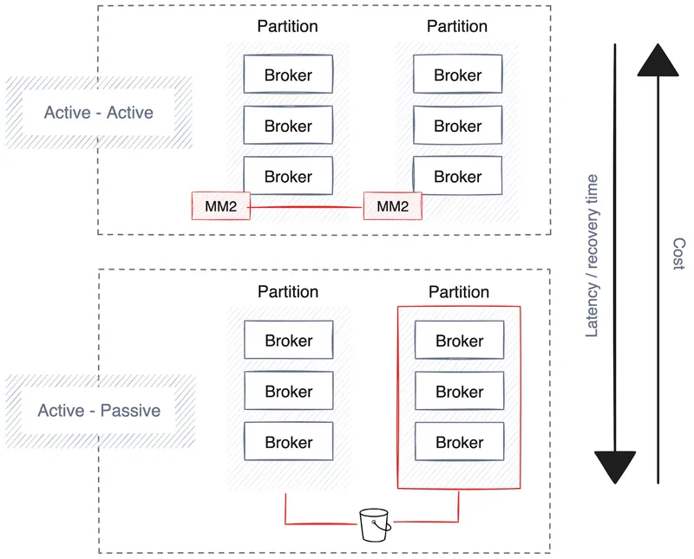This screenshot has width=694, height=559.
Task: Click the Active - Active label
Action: pyautogui.click(x=98, y=113)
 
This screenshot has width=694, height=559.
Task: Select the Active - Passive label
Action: pyautogui.click(x=99, y=410)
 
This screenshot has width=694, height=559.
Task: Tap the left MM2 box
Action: pyautogui.click(x=220, y=206)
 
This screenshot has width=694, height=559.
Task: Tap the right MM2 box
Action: pyautogui.click(x=392, y=206)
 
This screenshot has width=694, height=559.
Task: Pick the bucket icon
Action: pyautogui.click(x=374, y=523)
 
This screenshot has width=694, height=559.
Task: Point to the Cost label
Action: pyautogui.click(x=678, y=254)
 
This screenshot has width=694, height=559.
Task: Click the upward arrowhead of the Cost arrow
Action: pyautogui.click(x=658, y=62)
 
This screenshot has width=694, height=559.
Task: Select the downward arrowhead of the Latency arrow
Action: pyautogui.click(x=614, y=466)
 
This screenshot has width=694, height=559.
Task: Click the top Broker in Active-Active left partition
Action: pyautogui.click(x=288, y=75)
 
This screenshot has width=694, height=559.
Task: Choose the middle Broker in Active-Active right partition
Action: pyautogui.click(x=458, y=126)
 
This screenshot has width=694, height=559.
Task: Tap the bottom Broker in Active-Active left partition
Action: pyautogui.click(x=288, y=177)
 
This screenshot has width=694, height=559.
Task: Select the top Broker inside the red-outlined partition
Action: pyautogui.click(x=460, y=341)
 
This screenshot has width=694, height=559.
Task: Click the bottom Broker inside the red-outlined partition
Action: pyautogui.click(x=460, y=442)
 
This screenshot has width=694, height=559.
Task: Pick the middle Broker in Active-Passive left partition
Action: pyautogui.click(x=289, y=392)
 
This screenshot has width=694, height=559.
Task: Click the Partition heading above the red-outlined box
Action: pyautogui.click(x=459, y=292)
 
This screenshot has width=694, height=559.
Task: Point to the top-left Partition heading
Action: pyautogui.click(x=287, y=26)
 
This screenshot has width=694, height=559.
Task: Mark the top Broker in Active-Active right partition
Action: pyautogui.click(x=458, y=75)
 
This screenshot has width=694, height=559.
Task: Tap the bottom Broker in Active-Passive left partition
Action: pyautogui.click(x=289, y=442)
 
